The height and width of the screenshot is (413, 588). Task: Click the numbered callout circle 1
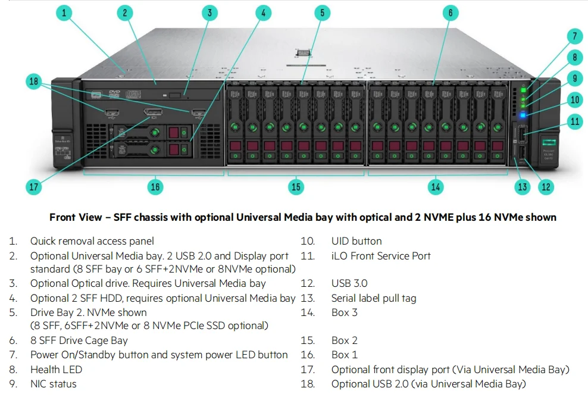[65, 12]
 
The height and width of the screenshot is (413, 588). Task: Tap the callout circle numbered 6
[450, 12]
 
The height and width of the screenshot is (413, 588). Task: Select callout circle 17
[34, 187]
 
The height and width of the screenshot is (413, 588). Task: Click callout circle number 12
[545, 187]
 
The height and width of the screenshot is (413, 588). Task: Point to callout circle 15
[296, 187]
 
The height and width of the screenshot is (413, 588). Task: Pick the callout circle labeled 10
[574, 100]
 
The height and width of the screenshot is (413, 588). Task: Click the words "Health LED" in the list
[57, 370]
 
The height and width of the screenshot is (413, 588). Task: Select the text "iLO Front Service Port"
[381, 256]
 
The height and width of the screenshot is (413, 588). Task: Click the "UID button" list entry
[356, 241]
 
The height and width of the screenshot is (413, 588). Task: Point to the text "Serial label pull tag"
[374, 298]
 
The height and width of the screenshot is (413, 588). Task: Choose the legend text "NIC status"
[54, 384]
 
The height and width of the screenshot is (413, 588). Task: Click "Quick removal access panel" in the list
[92, 241]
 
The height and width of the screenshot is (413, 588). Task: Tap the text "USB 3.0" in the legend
[349, 283]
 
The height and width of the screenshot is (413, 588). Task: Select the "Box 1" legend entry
[345, 355]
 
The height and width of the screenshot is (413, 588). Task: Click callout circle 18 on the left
[34, 82]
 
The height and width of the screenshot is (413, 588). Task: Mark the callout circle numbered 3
[209, 12]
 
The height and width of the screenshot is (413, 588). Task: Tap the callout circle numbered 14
[436, 187]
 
